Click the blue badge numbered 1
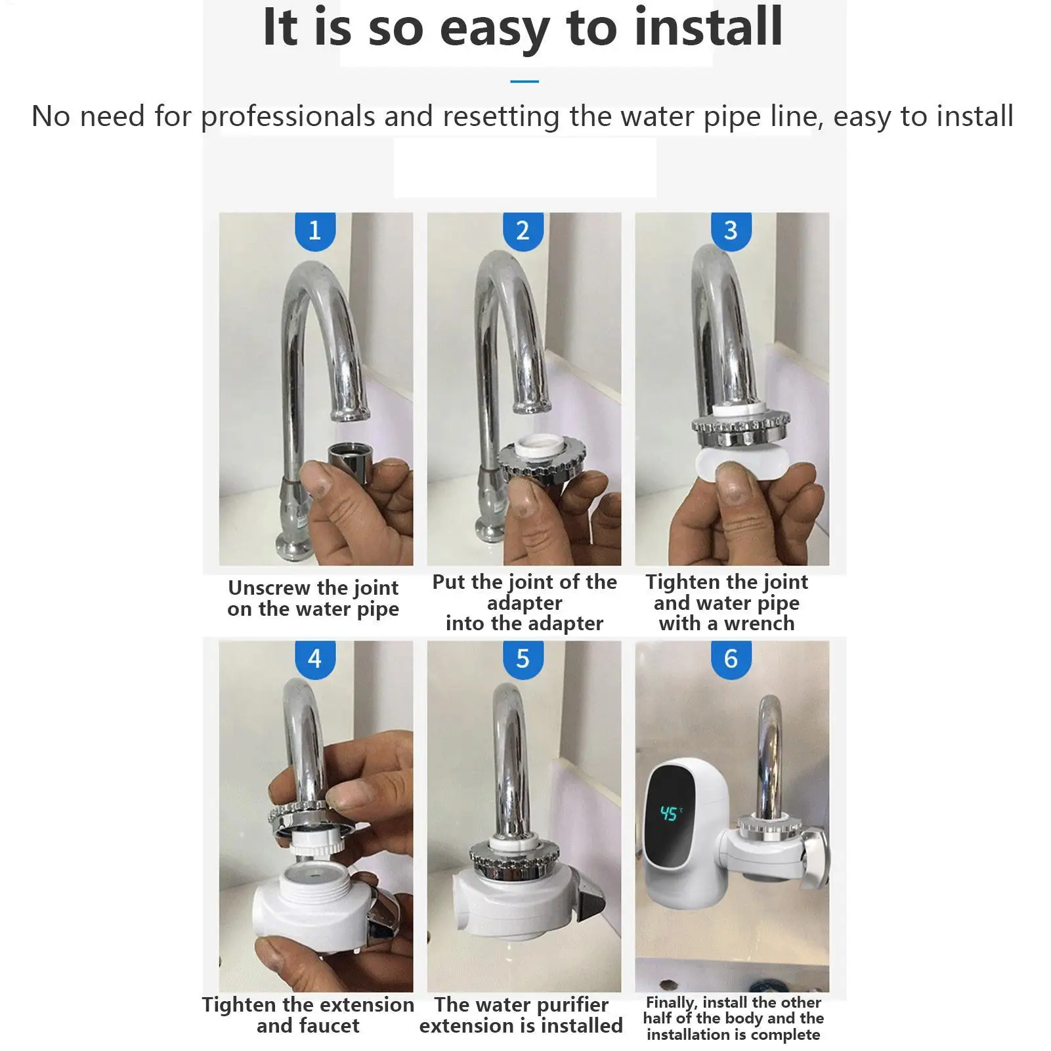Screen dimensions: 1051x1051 [315, 230]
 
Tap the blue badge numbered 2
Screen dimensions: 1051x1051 [523, 230]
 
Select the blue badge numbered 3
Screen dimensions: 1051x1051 [731, 230]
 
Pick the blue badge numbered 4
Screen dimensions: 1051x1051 [315, 659]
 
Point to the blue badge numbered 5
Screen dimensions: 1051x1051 [523, 659]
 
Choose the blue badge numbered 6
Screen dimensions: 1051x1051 [731, 659]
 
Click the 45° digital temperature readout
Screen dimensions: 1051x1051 [671, 814]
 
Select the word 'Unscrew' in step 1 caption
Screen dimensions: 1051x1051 [268, 587]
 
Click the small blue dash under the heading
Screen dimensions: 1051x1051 [525, 81]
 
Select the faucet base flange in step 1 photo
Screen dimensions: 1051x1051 [293, 546]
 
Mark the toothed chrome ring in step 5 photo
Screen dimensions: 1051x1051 [515, 855]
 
